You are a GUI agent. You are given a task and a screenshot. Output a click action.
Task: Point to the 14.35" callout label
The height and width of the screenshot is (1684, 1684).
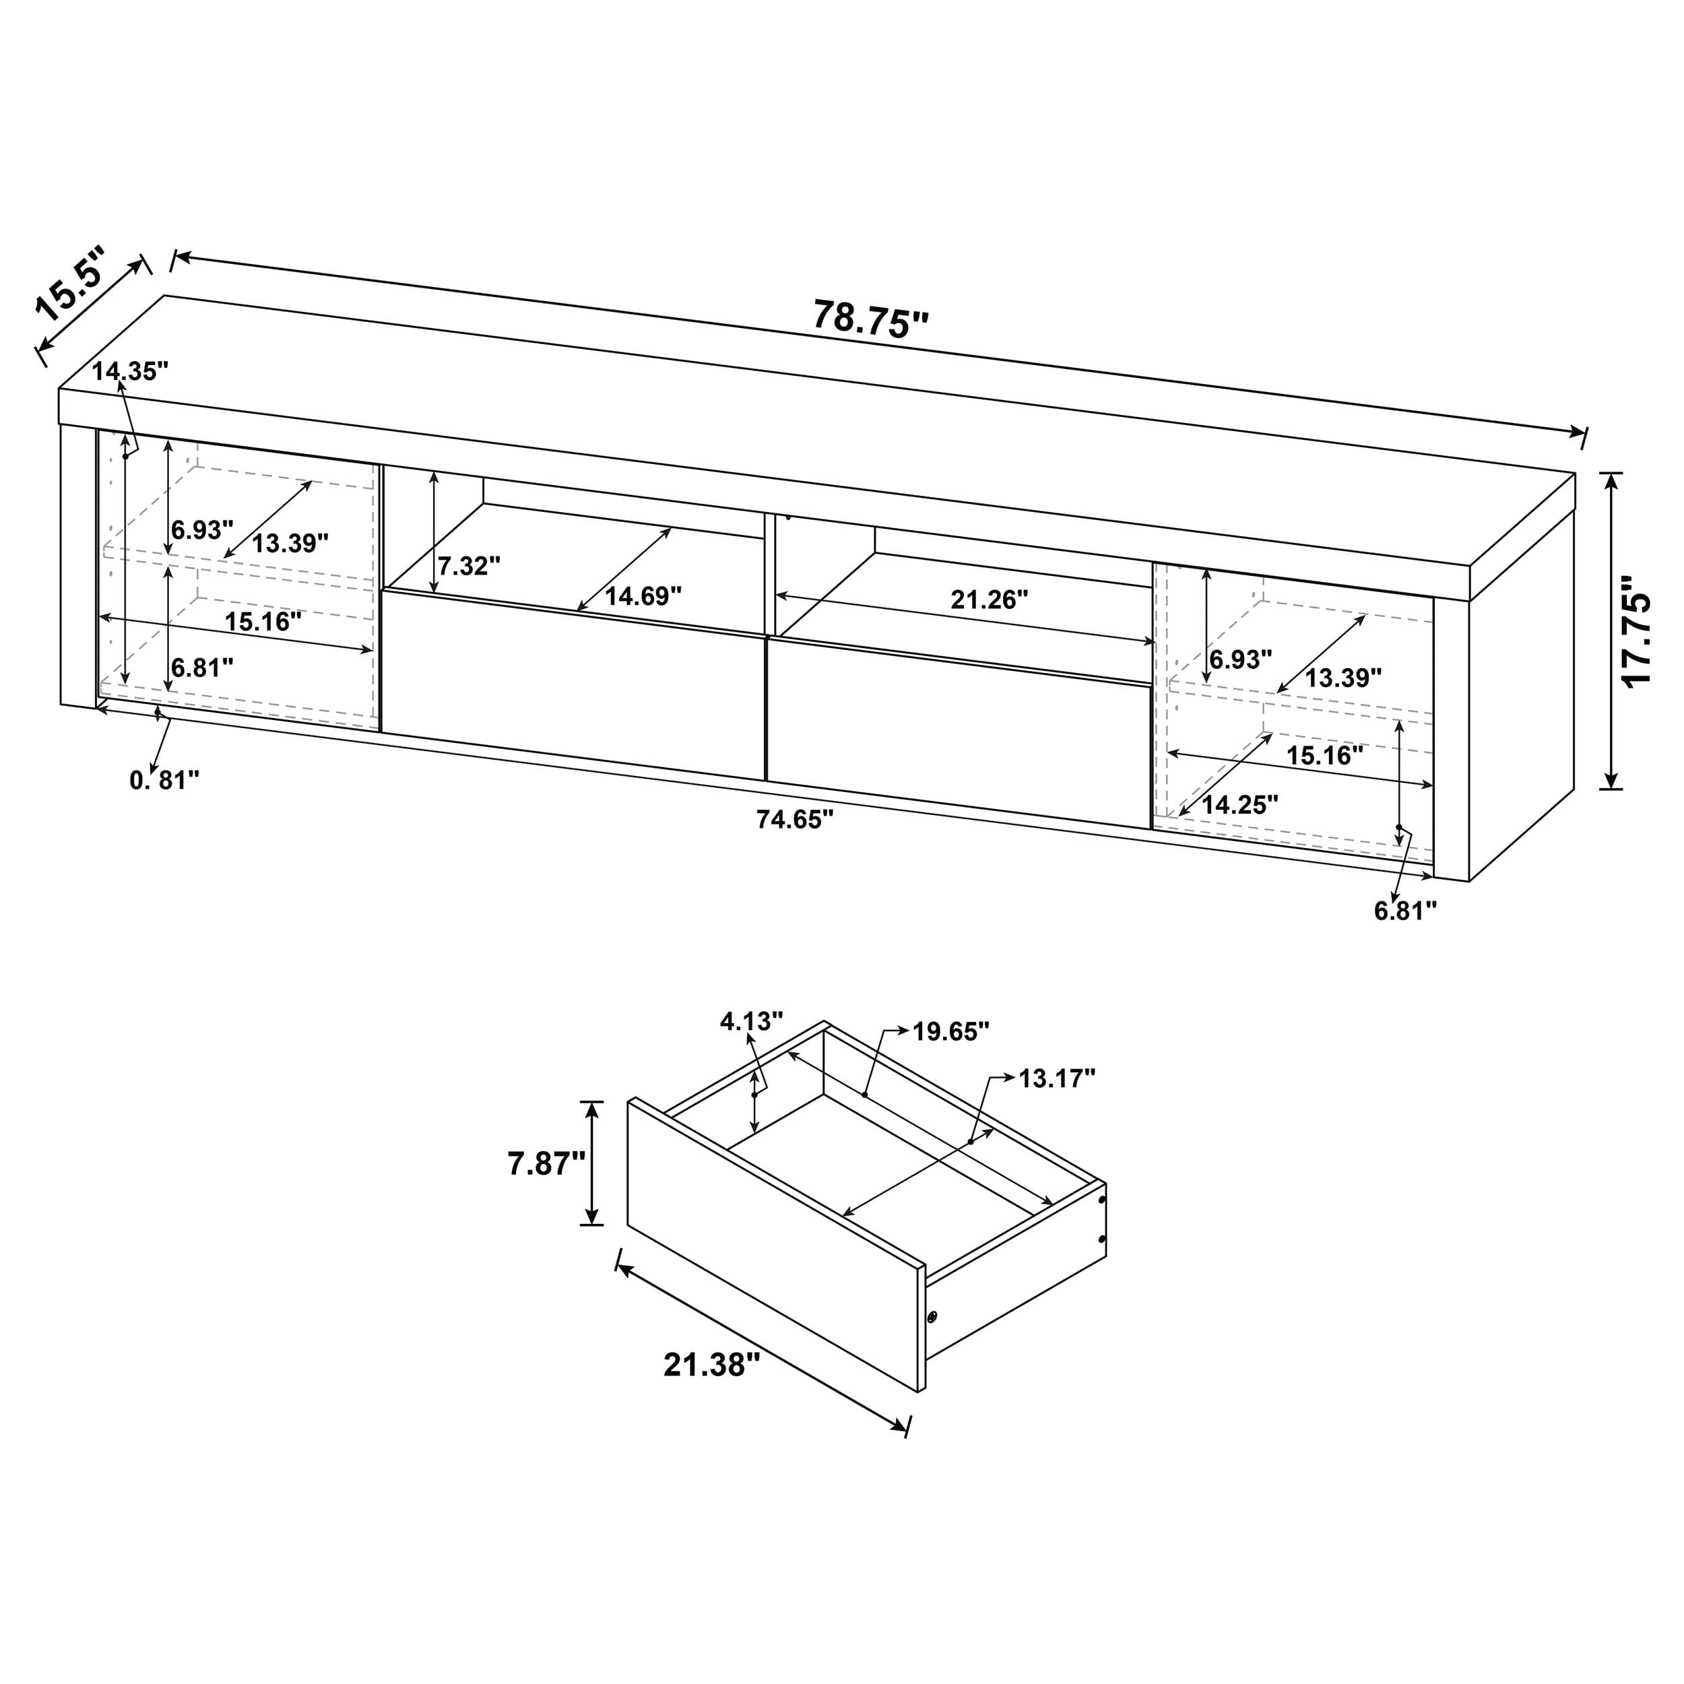pyautogui.click(x=130, y=371)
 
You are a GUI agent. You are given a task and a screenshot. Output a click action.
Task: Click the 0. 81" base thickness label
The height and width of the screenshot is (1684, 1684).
pyautogui.click(x=165, y=781)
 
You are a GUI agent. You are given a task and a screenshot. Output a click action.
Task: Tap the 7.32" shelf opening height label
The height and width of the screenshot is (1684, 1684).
pyautogui.click(x=469, y=566)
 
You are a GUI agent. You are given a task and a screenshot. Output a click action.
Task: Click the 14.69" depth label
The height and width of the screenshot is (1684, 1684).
pyautogui.click(x=643, y=596)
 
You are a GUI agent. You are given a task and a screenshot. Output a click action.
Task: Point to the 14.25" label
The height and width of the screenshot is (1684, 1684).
pyautogui.click(x=1239, y=804)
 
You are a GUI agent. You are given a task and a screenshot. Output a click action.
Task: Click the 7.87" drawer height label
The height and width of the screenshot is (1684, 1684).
pyautogui.click(x=546, y=1163)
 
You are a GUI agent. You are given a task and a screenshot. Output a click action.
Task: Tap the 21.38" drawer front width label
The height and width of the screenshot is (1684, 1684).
pyautogui.click(x=705, y=1364)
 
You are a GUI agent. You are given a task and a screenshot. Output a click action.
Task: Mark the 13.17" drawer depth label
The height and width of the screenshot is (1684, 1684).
pyautogui.click(x=1056, y=1079)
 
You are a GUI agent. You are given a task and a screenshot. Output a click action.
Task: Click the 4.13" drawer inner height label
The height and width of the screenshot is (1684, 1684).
pyautogui.click(x=751, y=1022)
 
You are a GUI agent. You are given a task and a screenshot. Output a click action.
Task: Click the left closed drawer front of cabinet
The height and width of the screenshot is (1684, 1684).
pyautogui.click(x=573, y=685)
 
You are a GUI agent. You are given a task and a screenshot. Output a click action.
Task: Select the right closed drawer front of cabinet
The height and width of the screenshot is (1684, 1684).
pyautogui.click(x=957, y=734)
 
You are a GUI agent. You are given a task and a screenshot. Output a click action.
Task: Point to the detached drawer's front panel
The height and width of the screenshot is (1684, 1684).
pyautogui.click(x=775, y=1245)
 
